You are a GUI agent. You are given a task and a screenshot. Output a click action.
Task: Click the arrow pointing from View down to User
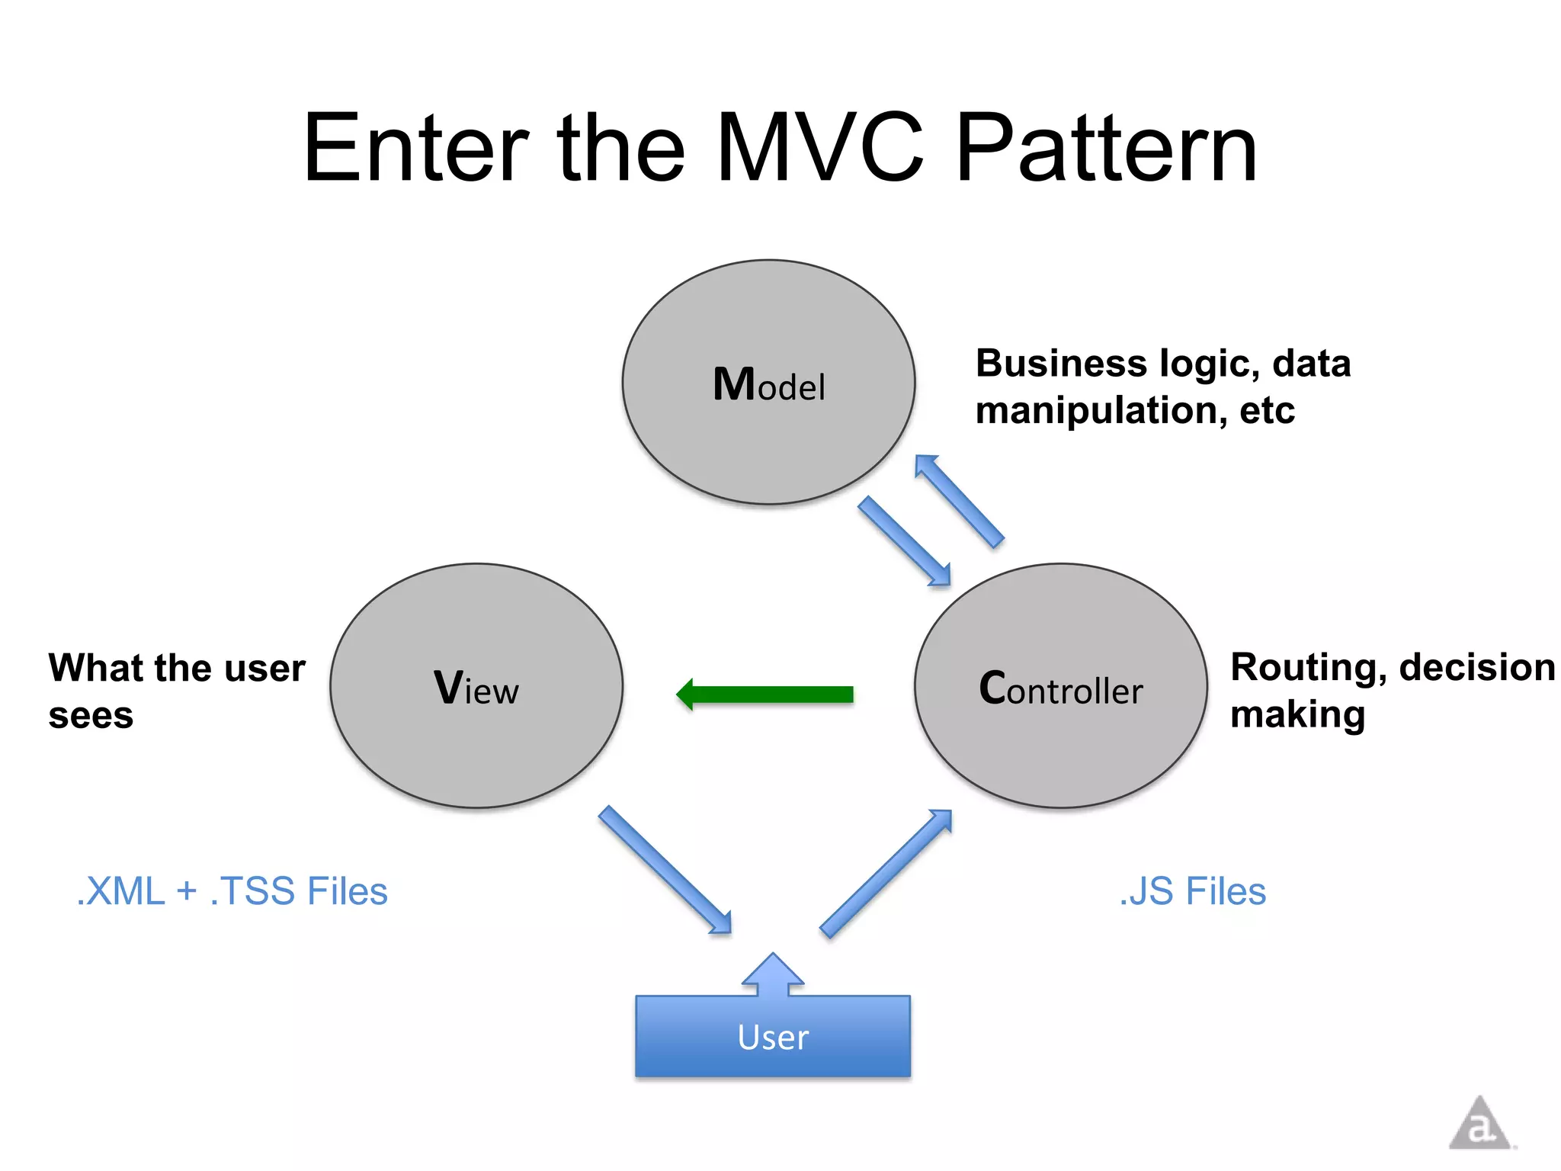665,869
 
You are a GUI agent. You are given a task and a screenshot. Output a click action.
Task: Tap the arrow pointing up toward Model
959,499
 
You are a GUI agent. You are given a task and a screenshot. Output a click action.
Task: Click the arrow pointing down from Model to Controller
905,541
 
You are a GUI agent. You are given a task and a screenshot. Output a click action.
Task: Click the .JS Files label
1192,891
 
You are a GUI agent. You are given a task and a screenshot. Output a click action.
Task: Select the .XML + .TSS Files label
232,891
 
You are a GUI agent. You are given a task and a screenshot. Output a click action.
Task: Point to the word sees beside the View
91,716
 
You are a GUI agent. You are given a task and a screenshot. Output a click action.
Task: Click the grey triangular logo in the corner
1479,1124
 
